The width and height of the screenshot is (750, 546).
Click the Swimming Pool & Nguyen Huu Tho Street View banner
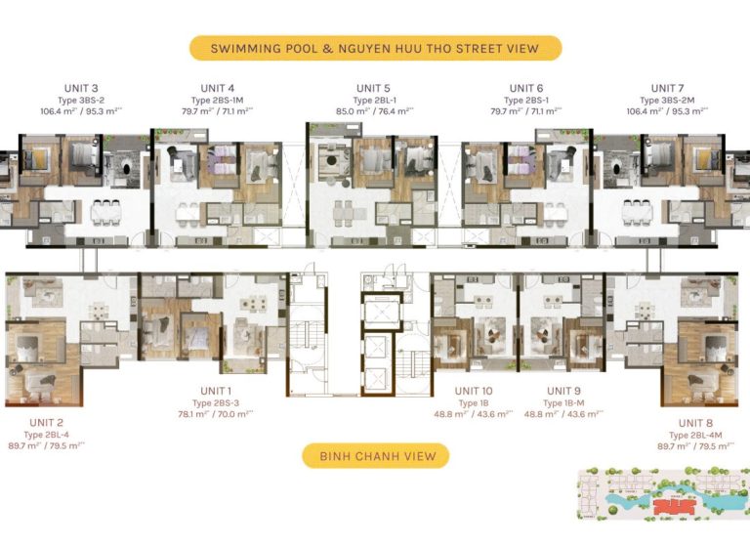click(375, 48)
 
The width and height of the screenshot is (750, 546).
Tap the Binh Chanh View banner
click(375, 455)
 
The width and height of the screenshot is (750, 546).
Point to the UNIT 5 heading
click(374, 88)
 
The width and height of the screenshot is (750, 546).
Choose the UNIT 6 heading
click(526, 88)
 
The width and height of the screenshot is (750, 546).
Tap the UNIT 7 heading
click(664, 88)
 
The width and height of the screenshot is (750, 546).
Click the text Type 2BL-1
click(374, 100)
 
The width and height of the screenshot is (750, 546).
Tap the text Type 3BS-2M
click(664, 100)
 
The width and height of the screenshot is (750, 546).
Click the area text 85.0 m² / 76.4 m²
click(374, 110)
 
